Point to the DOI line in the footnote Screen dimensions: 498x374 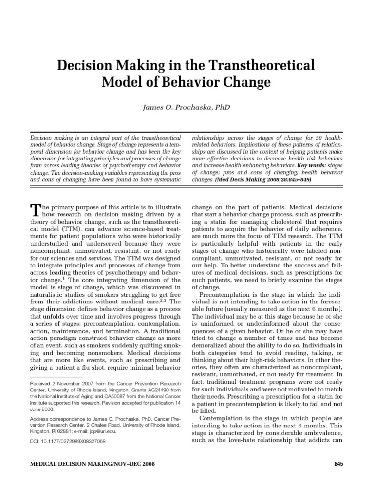point(68,441)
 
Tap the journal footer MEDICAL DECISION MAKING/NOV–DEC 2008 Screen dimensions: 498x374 point(93,464)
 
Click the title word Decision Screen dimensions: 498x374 point(83,65)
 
